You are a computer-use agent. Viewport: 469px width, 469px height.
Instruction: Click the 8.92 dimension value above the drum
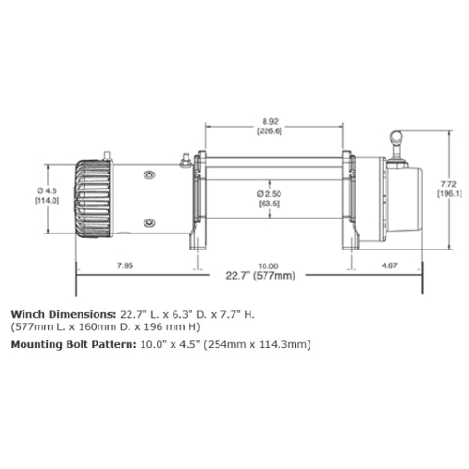point(270,121)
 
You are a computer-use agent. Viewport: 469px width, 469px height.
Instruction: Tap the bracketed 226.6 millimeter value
point(269,131)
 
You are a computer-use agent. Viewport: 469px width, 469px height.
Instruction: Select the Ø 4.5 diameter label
point(47,190)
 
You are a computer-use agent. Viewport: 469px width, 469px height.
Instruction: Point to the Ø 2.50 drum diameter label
point(269,194)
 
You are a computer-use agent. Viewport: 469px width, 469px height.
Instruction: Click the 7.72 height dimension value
point(448,184)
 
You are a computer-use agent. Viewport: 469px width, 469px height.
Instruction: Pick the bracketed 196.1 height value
point(449,194)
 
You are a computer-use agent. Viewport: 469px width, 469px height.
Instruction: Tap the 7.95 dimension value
point(125,265)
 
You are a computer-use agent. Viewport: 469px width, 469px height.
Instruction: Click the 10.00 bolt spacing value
point(268,265)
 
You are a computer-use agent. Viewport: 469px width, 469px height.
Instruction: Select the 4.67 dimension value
point(389,265)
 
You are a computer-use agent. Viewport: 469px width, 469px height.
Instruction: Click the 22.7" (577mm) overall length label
point(260,276)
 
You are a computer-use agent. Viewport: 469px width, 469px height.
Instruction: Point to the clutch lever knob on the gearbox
point(396,137)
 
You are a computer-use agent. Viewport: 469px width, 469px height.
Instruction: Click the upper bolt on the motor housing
point(149,174)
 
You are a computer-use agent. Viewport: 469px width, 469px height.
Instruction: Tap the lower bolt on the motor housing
point(149,223)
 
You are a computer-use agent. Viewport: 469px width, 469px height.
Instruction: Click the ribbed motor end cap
point(93,199)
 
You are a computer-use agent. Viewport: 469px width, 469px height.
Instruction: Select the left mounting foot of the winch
point(198,237)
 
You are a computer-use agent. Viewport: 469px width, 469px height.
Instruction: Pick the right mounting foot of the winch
point(352,237)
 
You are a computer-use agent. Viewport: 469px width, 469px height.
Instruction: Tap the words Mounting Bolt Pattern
point(74,344)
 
